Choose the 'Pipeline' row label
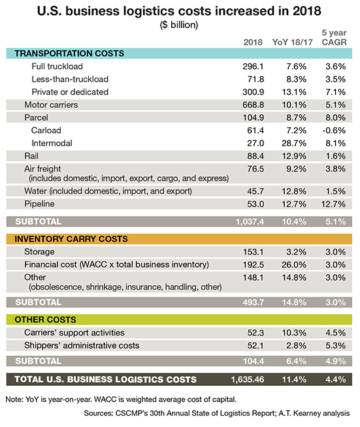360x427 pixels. (x=40, y=204)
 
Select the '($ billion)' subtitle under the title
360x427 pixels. (x=180, y=25)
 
